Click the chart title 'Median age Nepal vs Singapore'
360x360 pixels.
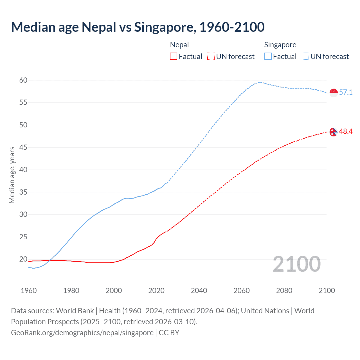pos(138,27)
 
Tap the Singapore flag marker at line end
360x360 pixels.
pos(334,93)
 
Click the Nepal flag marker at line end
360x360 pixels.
pos(334,132)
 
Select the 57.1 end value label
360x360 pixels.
pos(346,93)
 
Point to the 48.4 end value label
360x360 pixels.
pos(346,132)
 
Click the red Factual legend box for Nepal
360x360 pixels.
pos(174,57)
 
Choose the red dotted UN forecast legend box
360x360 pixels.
pos(211,57)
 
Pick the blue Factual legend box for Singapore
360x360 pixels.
pos(268,57)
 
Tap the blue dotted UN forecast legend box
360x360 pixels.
pos(305,57)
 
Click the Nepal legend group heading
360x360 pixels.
pos(179,45)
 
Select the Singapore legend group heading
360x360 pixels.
pos(280,45)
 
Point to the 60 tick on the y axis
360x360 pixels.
pos(23,80)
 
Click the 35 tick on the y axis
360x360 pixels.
pos(23,192)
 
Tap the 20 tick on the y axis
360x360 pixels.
pos(23,259)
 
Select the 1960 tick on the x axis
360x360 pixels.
pos(29,291)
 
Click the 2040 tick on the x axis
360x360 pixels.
pos(199,291)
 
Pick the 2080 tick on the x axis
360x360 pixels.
pos(284,291)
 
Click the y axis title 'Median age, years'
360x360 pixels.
pos(12,175)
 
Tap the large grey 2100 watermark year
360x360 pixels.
pos(296,264)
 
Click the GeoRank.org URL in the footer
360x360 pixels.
pos(82,333)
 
